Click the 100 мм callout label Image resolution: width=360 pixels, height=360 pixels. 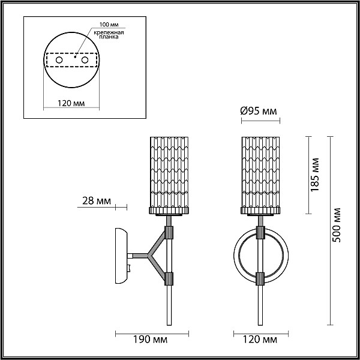pos(109,25)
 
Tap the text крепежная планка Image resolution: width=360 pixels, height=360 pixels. pos(109,34)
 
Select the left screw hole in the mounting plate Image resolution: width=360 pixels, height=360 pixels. pos(59,60)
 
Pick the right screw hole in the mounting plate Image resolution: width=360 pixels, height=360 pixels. pos(85,60)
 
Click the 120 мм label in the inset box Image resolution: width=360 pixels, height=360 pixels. pos(71,103)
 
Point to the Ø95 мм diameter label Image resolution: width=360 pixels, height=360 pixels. pos(259,111)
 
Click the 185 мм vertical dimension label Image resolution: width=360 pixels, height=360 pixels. pos(314,175)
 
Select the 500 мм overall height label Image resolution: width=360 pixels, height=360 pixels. pos(337,225)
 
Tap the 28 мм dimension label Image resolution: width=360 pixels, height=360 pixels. pos(97,201)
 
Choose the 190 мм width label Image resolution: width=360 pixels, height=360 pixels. pos(151,340)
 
